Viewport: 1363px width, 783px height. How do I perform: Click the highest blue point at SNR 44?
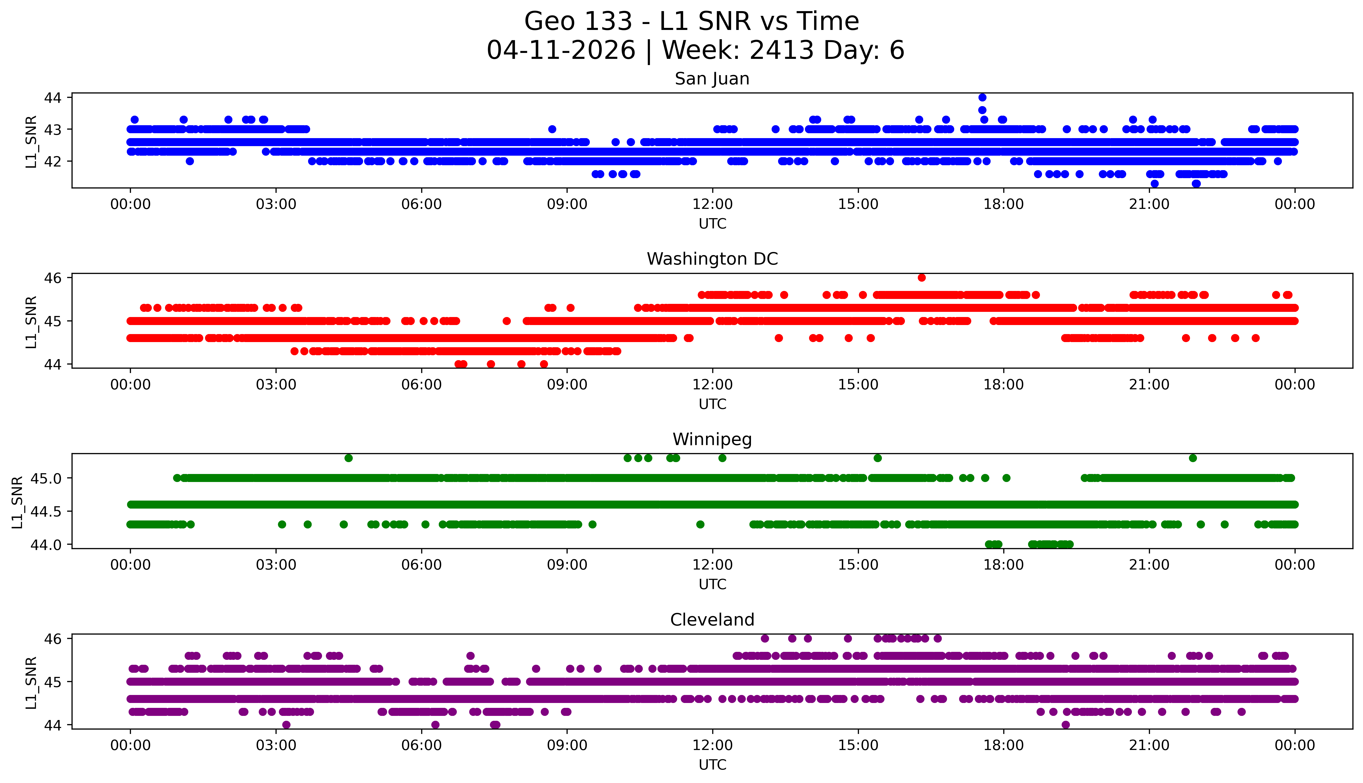tap(982, 97)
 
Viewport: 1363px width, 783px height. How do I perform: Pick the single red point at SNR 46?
tap(921, 278)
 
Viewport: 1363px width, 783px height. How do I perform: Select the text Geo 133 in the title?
tap(578, 21)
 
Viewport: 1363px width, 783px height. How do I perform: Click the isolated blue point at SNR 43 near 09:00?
tap(552, 129)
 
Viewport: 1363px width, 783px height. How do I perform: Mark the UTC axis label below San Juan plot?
tap(712, 224)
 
